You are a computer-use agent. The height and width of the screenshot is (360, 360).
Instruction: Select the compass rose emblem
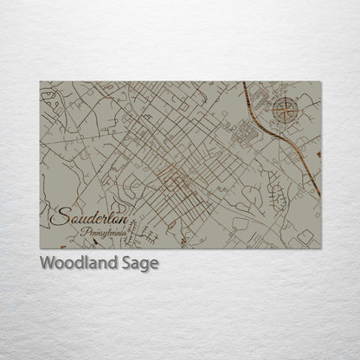tap(286, 110)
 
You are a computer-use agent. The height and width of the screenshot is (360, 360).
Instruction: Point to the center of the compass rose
tap(286, 110)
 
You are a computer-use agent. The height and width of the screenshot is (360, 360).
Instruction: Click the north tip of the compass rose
tap(286, 98)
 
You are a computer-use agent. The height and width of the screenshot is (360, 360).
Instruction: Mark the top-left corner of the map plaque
tap(40, 82)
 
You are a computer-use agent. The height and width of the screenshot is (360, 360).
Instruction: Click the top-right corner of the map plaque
tap(321, 82)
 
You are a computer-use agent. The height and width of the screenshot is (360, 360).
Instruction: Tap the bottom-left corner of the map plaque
tap(40, 248)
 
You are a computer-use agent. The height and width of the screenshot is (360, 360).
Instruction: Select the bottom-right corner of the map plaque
tap(321, 248)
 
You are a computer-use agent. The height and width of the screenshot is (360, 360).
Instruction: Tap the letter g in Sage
tap(145, 266)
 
